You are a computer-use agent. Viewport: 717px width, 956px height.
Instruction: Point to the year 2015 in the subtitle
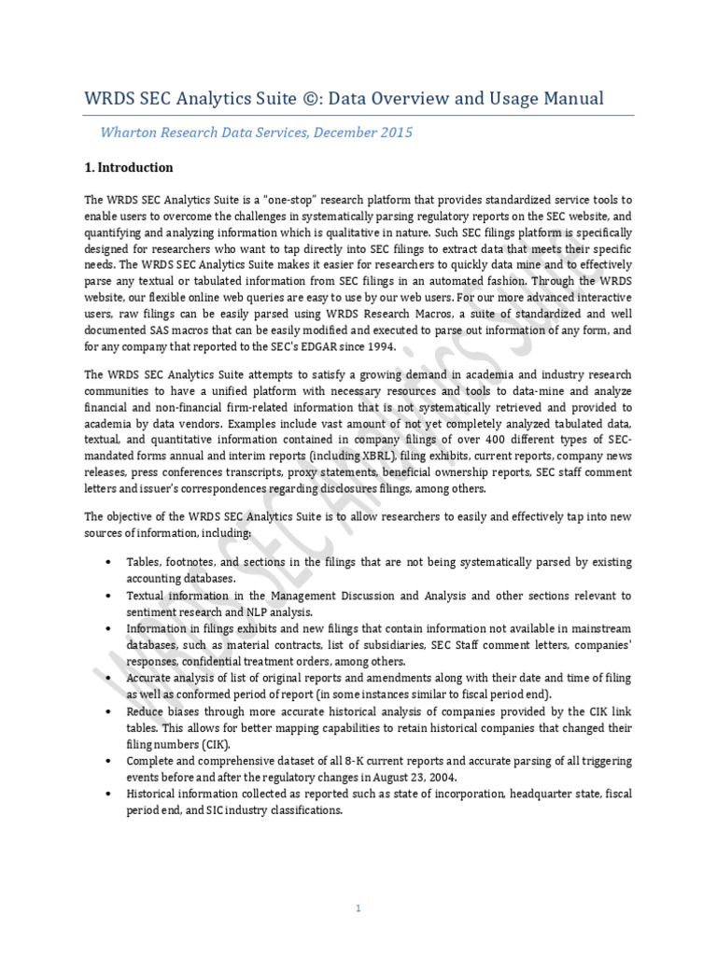(x=394, y=133)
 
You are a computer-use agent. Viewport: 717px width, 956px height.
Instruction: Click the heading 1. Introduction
(x=129, y=168)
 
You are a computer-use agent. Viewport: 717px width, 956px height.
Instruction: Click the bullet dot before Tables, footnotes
(x=110, y=562)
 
